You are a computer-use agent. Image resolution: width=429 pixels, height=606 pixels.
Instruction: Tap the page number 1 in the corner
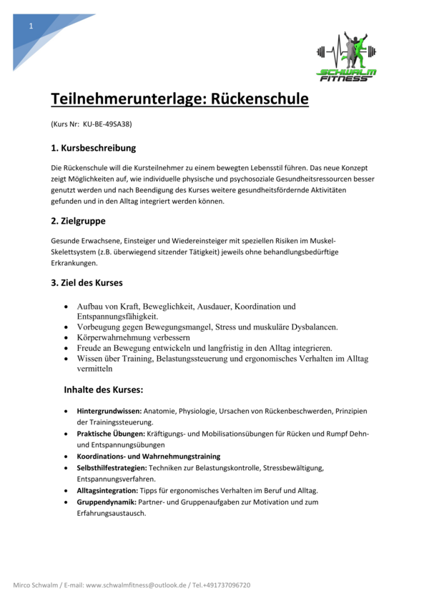click(31, 26)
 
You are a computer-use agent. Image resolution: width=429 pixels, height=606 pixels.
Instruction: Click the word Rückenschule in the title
click(258, 99)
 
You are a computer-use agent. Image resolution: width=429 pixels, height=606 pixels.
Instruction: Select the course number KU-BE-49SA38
click(107, 124)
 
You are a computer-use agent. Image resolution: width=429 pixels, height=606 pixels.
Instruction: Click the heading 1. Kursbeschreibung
click(93, 149)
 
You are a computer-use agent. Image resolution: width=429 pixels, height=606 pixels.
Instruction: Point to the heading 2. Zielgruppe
click(78, 221)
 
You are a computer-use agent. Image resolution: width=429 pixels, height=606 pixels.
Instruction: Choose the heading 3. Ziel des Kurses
click(87, 282)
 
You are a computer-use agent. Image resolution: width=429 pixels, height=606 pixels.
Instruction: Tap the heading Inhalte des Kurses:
click(104, 390)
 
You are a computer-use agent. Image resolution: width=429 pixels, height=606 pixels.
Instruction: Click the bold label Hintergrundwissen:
click(109, 412)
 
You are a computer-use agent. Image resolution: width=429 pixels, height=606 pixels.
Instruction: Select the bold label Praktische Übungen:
click(111, 434)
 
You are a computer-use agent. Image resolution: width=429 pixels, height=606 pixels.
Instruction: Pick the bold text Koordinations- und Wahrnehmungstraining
click(148, 456)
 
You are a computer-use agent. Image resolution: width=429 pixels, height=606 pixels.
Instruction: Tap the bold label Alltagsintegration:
click(107, 490)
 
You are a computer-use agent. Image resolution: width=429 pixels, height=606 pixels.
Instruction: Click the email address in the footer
click(135, 585)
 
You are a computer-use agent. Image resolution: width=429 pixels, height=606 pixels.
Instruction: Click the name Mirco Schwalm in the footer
click(36, 585)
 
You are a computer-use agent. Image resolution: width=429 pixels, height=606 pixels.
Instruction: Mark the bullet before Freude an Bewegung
click(67, 348)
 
